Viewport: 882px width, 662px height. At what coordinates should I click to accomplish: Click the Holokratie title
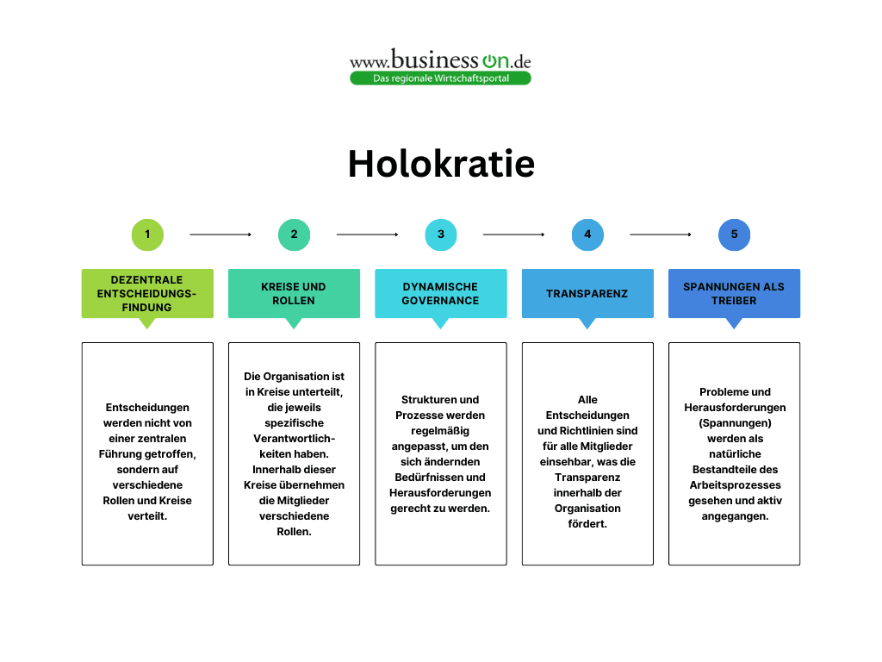click(x=441, y=163)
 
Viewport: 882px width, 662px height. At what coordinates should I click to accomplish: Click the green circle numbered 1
click(x=147, y=234)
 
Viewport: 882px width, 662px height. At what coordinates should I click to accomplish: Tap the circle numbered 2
click(x=294, y=234)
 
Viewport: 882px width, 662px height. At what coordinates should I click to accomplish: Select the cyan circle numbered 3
click(x=441, y=234)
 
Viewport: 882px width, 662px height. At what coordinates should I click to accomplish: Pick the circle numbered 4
click(x=587, y=234)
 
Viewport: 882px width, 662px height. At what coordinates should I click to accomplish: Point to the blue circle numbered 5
click(x=734, y=234)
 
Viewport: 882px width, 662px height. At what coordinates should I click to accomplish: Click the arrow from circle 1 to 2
click(x=220, y=234)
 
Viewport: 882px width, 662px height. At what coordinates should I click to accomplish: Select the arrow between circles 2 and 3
click(x=367, y=234)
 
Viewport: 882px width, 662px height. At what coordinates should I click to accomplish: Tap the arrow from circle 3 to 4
click(x=514, y=234)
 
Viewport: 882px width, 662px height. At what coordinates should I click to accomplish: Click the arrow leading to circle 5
click(x=661, y=234)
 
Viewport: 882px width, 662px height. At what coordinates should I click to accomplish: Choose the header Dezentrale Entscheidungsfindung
click(x=147, y=293)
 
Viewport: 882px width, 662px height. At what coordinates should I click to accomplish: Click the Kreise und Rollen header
click(x=294, y=293)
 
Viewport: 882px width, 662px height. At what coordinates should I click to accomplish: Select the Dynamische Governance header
click(x=441, y=293)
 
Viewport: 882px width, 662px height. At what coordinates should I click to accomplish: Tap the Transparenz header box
click(x=587, y=293)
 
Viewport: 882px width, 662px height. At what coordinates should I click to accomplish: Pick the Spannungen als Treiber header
click(x=734, y=293)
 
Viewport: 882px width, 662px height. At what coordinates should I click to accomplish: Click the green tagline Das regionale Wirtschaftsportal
click(x=440, y=78)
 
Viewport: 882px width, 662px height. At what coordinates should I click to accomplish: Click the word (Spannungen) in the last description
click(x=734, y=422)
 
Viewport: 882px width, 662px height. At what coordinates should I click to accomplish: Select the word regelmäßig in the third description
click(x=440, y=430)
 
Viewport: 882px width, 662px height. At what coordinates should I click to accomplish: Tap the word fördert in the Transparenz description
click(x=587, y=523)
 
